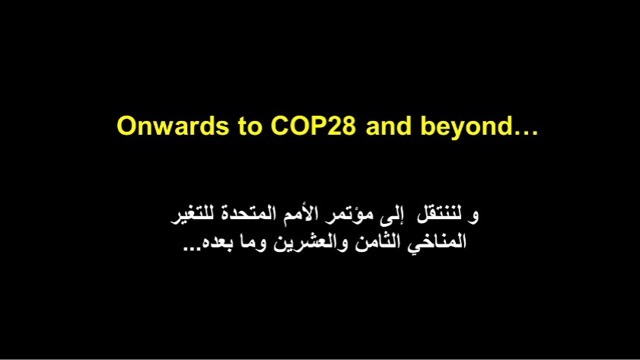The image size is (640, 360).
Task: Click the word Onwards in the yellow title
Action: tap(173, 126)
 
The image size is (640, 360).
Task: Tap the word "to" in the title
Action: tap(250, 126)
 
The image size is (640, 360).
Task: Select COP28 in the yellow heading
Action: tap(313, 126)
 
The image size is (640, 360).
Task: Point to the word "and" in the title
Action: tap(389, 126)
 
